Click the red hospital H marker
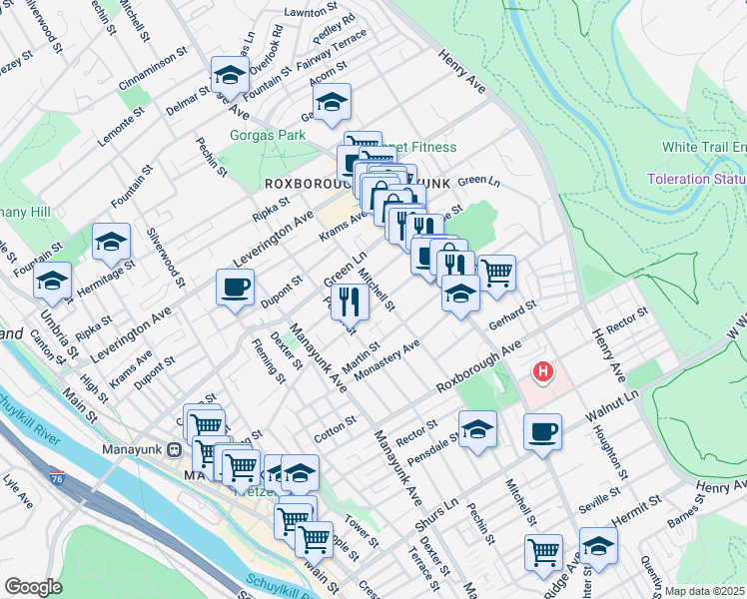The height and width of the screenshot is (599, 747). click(542, 373)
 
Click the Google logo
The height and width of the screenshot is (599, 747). click(33, 587)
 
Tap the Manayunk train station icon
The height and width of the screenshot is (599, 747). click(173, 449)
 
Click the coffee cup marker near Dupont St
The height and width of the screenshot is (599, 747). click(235, 289)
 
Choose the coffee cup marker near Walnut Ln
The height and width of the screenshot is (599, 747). click(542, 432)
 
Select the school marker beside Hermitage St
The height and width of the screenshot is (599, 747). click(111, 242)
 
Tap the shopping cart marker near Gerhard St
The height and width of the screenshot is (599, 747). click(496, 272)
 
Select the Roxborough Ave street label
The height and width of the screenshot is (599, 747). click(478, 371)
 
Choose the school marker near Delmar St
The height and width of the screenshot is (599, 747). click(229, 75)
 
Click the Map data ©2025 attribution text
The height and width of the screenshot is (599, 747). click(704, 591)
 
